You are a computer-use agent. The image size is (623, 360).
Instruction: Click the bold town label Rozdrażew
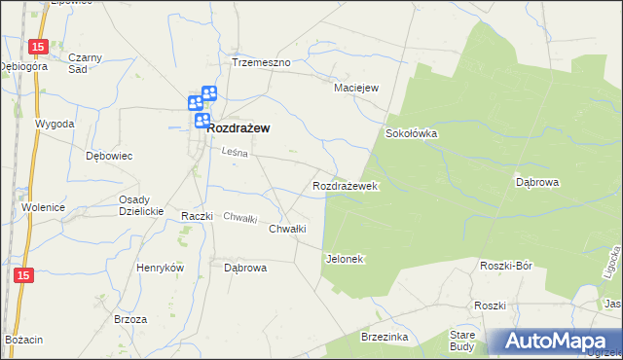pyautogui.click(x=238, y=127)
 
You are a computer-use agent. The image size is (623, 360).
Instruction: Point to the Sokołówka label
pyautogui.click(x=412, y=133)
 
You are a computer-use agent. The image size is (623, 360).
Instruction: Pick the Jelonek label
pyautogui.click(x=344, y=259)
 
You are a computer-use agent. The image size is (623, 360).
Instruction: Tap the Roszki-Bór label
pyautogui.click(x=504, y=265)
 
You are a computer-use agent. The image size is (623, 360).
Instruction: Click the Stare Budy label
pyautogui.click(x=461, y=340)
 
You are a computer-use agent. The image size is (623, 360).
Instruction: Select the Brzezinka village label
pyautogui.click(x=383, y=336)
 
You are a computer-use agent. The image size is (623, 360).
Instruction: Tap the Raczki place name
pyautogui.click(x=197, y=216)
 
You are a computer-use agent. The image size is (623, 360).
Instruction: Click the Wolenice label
pyautogui.click(x=43, y=207)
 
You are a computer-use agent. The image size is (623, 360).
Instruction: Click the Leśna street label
pyautogui.click(x=236, y=153)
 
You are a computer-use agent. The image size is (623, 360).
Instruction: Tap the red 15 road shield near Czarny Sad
pyautogui.click(x=37, y=47)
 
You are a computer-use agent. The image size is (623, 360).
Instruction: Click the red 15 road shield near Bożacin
pyautogui.click(x=24, y=276)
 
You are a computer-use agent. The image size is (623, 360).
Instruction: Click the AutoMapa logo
pyautogui.click(x=556, y=341)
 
